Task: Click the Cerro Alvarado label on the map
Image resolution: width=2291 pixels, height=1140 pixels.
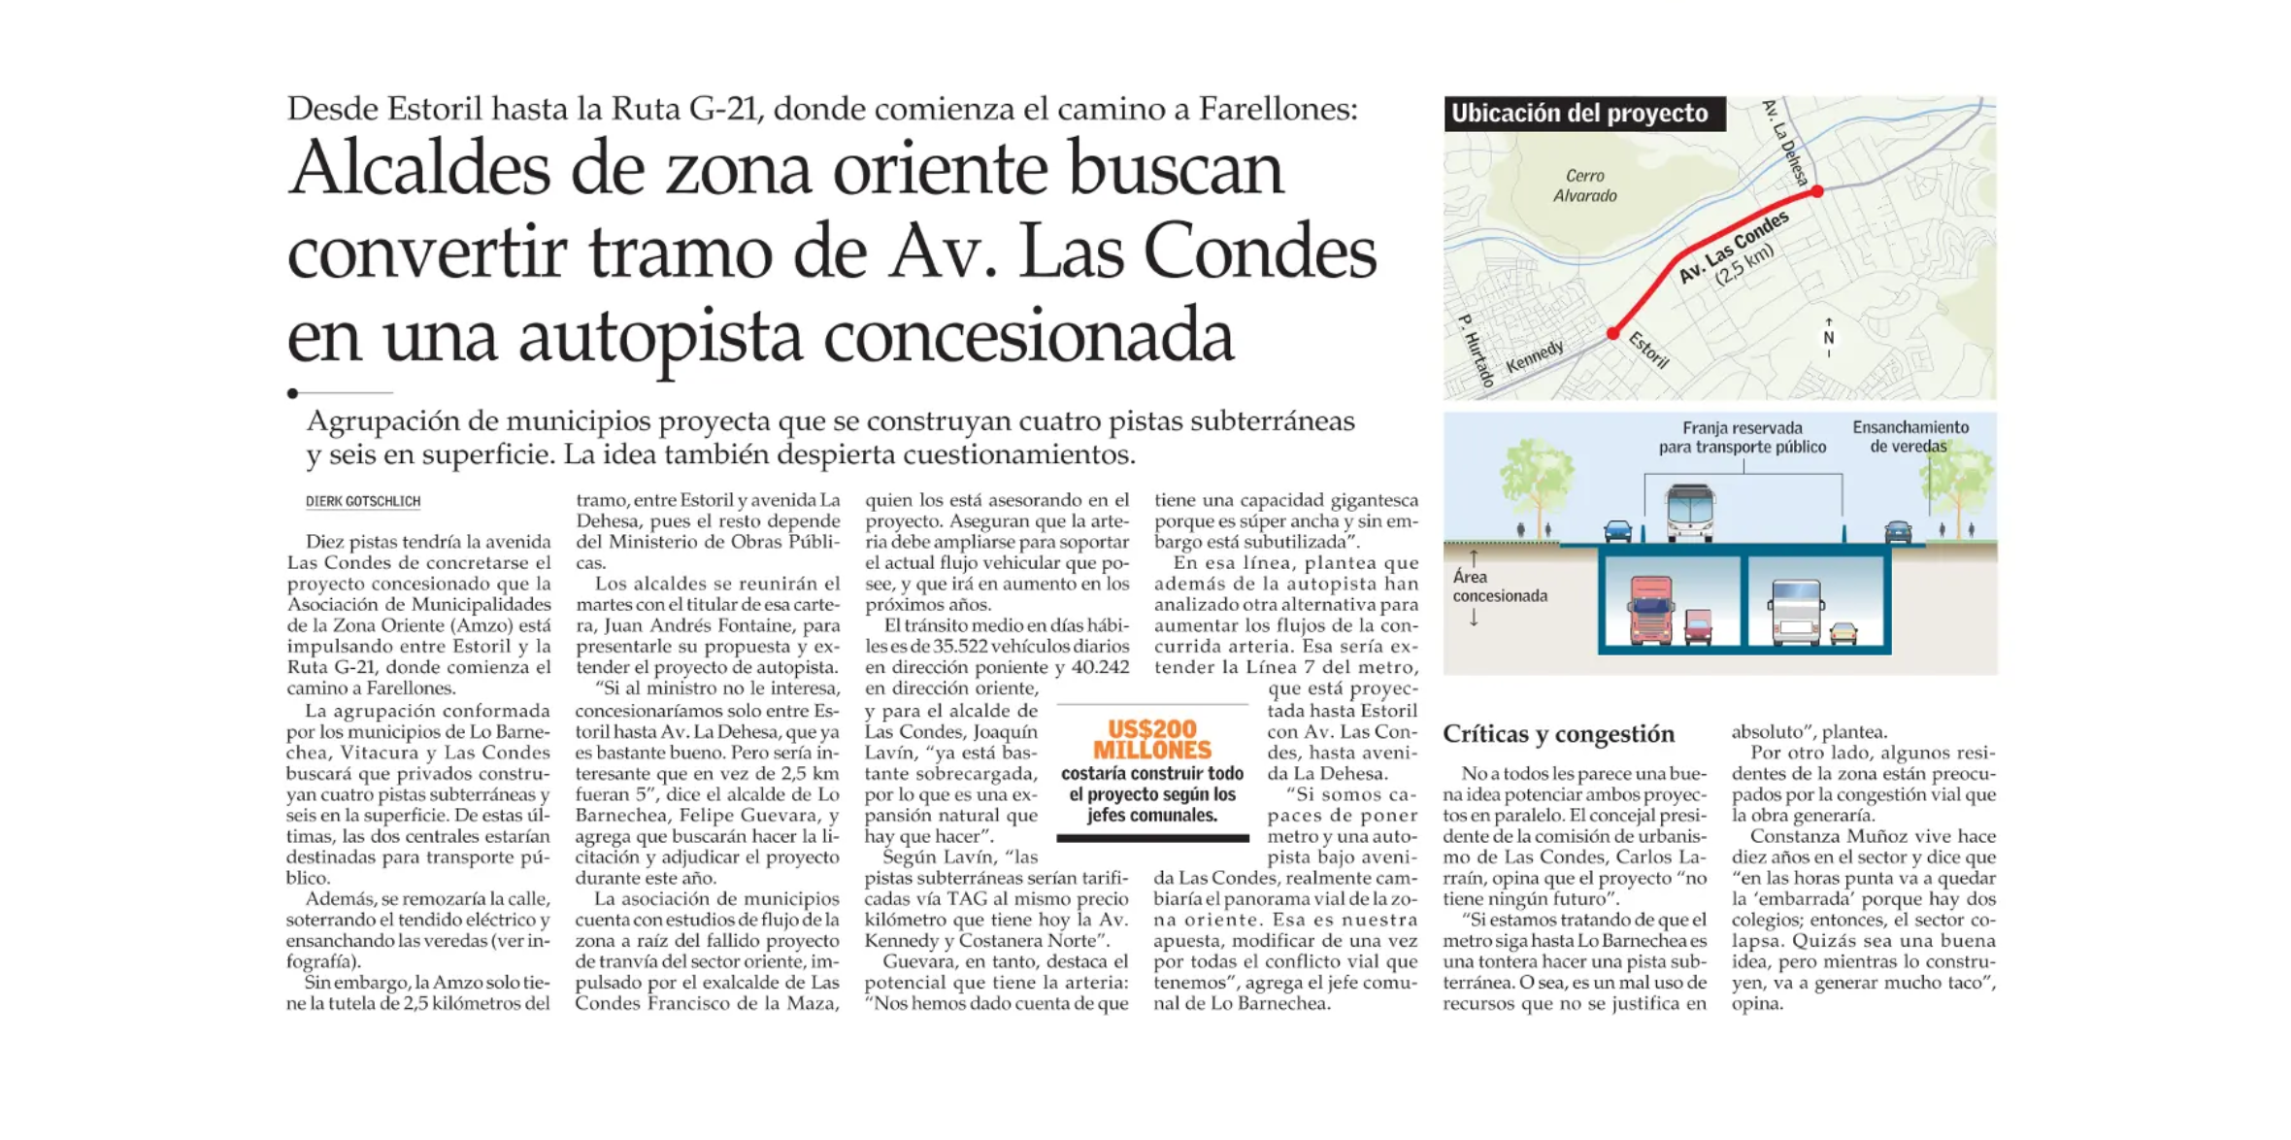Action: tap(1584, 185)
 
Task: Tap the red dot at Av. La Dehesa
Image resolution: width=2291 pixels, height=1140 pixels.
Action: tap(1817, 192)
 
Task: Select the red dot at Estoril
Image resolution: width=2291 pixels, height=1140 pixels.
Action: tap(1613, 333)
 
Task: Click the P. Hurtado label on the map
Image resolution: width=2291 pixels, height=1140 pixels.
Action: tap(1477, 351)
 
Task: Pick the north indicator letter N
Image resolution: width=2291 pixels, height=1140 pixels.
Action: tap(1829, 338)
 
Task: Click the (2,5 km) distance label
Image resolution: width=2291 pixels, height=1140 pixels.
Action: tap(1744, 265)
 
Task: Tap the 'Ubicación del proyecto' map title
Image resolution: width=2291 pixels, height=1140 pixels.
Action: tap(1579, 114)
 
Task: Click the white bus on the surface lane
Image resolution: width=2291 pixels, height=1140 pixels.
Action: tap(1690, 512)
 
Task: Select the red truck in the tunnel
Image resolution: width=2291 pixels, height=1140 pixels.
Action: tap(1651, 610)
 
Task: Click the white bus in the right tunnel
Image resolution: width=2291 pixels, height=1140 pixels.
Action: tap(1796, 612)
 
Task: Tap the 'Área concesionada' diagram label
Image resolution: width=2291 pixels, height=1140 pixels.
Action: tap(1499, 587)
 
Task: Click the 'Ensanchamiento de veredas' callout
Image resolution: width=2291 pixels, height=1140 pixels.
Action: tap(1909, 437)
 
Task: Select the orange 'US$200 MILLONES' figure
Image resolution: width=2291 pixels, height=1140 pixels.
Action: tap(1151, 740)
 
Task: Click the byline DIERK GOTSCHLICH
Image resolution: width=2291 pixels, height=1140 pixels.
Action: tap(363, 501)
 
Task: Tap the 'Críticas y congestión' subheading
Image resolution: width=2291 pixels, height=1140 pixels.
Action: tap(1558, 733)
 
